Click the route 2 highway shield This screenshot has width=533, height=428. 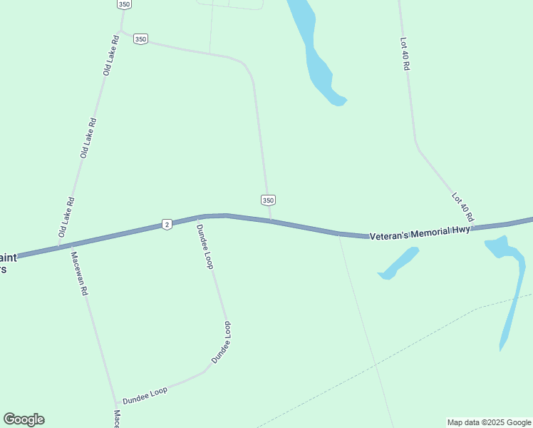(166, 224)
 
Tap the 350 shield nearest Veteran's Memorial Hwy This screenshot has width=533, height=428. (267, 200)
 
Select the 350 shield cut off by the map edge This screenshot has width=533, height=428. (124, 4)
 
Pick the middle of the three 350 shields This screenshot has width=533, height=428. (140, 39)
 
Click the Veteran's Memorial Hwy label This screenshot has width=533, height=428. (420, 233)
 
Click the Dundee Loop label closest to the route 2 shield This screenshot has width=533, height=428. (205, 246)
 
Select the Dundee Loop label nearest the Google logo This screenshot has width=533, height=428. (145, 391)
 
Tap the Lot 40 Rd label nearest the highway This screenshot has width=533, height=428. (463, 206)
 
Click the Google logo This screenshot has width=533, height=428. (24, 419)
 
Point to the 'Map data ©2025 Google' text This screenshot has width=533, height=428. (489, 422)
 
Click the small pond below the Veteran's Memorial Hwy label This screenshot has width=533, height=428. (398, 263)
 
